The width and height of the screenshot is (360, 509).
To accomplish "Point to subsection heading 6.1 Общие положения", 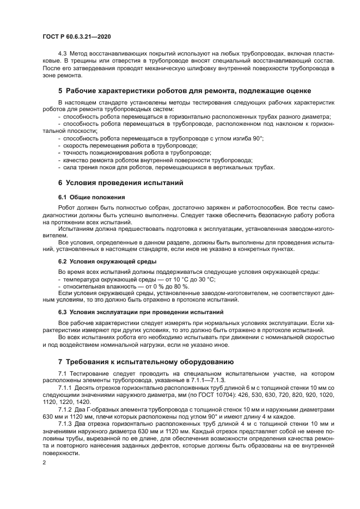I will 91,197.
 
